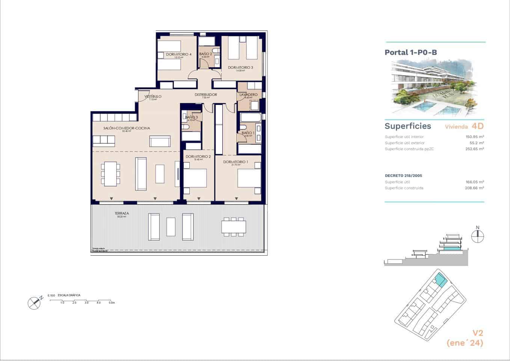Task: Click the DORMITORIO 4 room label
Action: [x=179, y=55]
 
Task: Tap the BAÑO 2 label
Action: [x=205, y=54]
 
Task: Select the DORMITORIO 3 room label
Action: [x=240, y=68]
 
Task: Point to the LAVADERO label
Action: [x=248, y=94]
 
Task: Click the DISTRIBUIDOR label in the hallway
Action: [x=205, y=95]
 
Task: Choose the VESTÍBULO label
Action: [x=153, y=97]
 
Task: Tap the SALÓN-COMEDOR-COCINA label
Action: [x=127, y=128]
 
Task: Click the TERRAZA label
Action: [x=122, y=213]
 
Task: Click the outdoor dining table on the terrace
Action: [x=234, y=227]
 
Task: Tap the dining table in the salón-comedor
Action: [x=110, y=174]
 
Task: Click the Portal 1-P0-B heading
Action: [x=410, y=52]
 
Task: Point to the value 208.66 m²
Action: [x=474, y=188]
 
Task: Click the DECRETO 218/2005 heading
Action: [x=403, y=176]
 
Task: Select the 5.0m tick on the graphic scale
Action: [x=111, y=302]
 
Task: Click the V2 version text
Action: [x=477, y=333]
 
